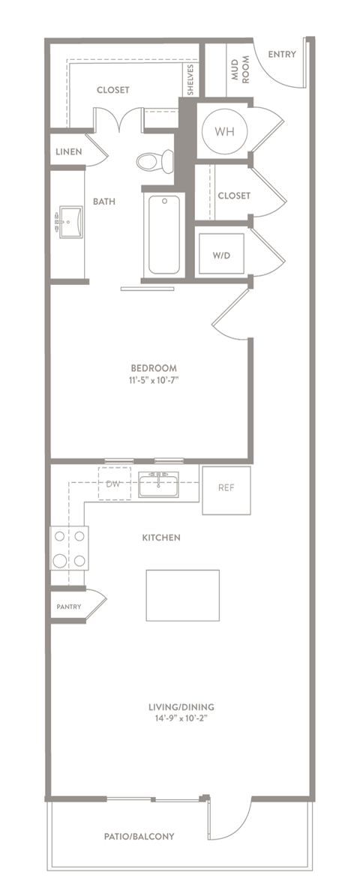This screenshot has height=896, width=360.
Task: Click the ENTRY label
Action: coord(281,54)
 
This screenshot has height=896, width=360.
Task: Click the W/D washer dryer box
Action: coord(222,254)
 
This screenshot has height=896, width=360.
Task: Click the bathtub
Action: coord(163,234)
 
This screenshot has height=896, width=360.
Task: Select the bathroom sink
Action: coord(71,222)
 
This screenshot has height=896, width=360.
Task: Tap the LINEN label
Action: coord(69,151)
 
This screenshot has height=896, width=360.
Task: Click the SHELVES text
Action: coord(192,79)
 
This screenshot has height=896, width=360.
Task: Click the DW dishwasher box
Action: coord(114,484)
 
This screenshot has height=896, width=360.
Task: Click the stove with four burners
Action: coord(69,547)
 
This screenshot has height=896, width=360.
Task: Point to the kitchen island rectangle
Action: coord(182,595)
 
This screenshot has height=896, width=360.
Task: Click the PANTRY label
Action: coord(69,607)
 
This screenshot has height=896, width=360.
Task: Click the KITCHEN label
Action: coord(161,538)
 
